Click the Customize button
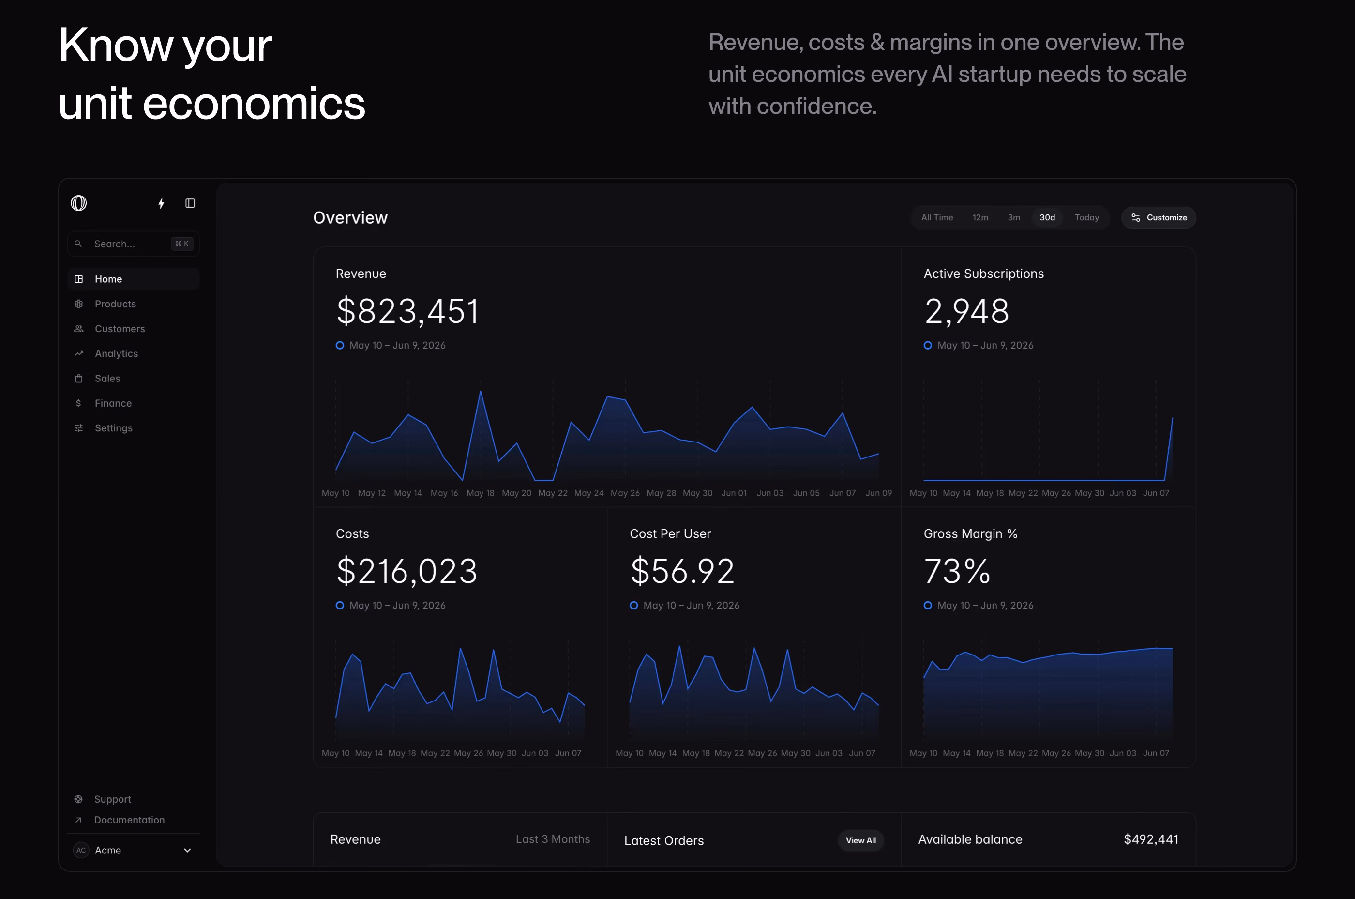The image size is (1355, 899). pos(1159,217)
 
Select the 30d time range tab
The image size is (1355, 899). pos(1047,217)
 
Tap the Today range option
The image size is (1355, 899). pos(1087,217)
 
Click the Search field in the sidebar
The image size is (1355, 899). pos(134,244)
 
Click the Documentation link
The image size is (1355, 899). pos(129,820)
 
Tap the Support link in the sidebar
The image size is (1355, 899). pos(112,799)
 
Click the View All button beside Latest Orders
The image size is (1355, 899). pos(860,840)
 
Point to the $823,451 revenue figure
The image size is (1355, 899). pos(407,311)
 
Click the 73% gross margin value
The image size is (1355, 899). pos(957,571)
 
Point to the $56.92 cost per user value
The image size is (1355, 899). pos(682,571)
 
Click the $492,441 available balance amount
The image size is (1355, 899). pos(1151,839)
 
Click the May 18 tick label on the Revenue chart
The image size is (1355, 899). pos(481,493)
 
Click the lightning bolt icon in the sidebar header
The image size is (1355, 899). pos(162,203)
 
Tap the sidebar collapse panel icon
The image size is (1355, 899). pos(190,203)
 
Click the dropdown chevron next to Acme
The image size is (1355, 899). pos(187,850)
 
